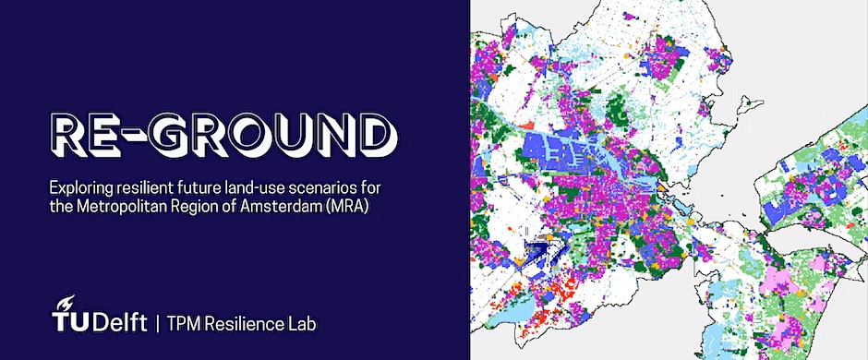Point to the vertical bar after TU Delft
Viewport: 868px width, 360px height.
click(159, 323)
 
